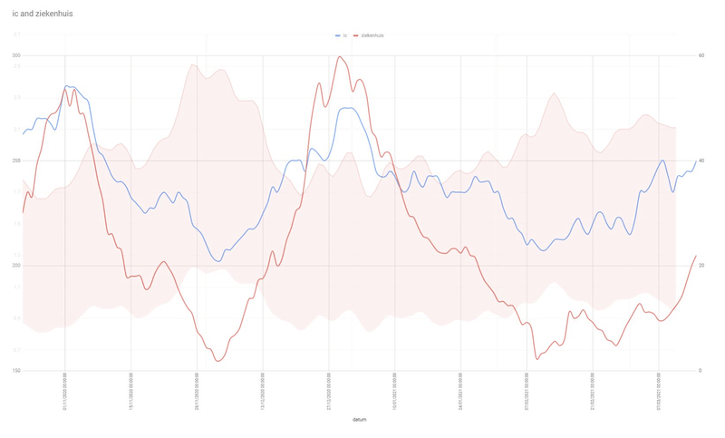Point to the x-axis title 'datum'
(360, 420)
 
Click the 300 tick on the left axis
(16, 55)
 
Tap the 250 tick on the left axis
(16, 161)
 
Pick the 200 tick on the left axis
(16, 266)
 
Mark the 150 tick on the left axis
(16, 371)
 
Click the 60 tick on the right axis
(701, 55)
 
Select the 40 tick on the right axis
(701, 161)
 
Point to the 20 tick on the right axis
(701, 266)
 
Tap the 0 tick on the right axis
(700, 371)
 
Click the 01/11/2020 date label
(65, 392)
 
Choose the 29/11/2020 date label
(197, 392)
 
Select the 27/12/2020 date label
(329, 392)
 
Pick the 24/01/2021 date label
(460, 392)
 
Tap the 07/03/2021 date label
(658, 392)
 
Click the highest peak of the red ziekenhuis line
(340, 57)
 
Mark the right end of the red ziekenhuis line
(696, 256)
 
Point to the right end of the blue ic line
(696, 161)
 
